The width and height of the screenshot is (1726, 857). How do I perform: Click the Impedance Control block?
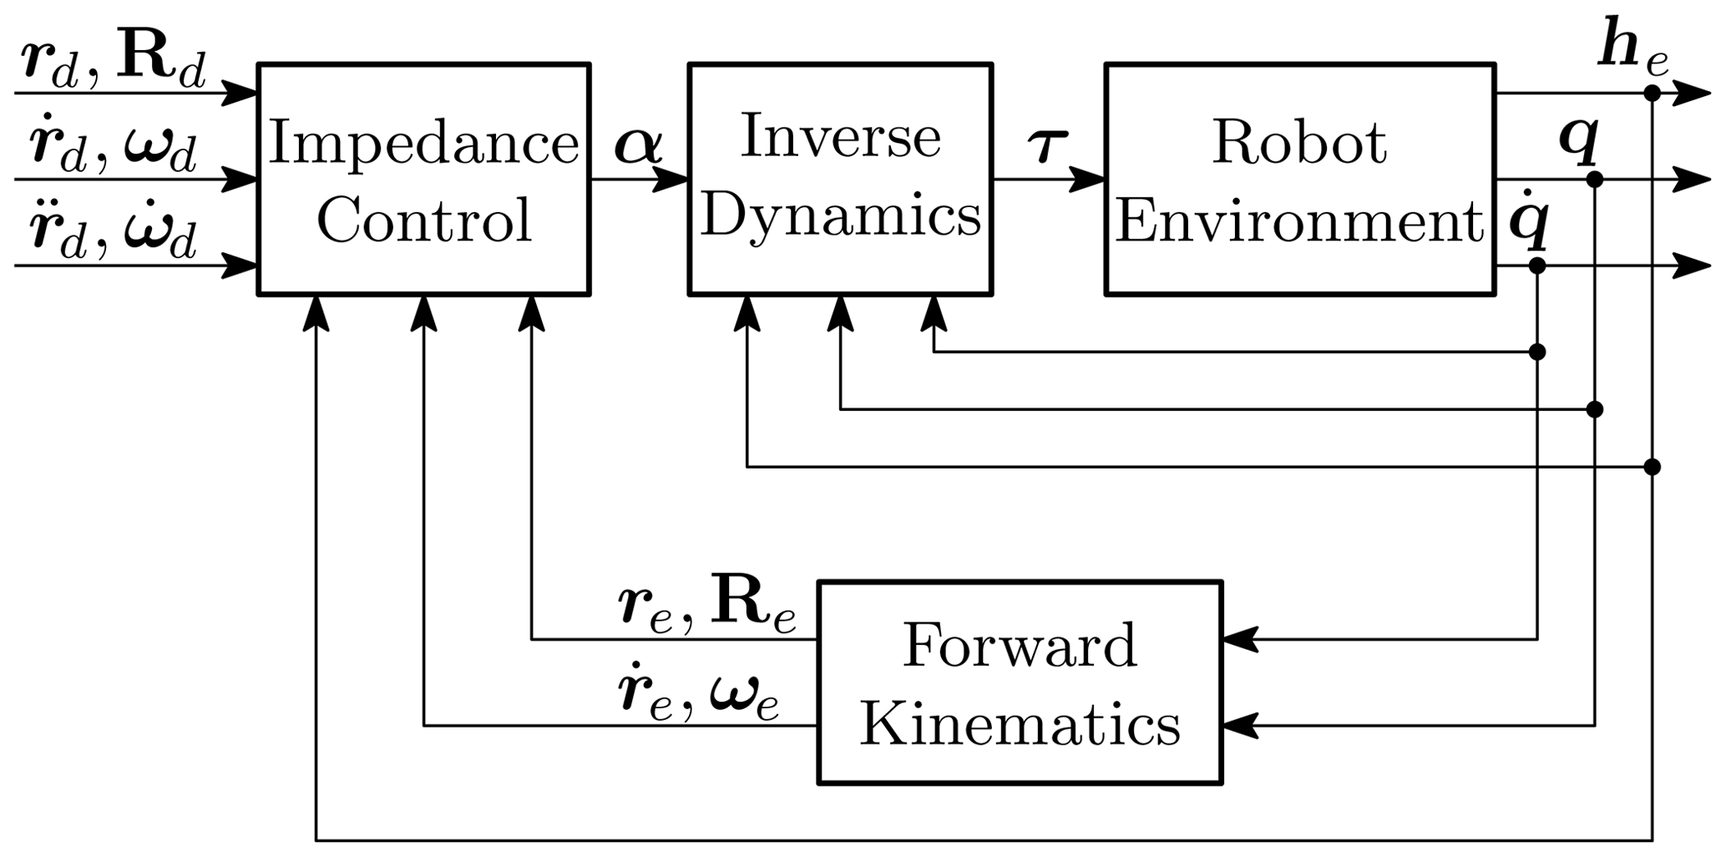[423, 179]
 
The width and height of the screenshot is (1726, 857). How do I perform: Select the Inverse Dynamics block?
[840, 179]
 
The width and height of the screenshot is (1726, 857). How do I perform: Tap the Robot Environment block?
[1299, 179]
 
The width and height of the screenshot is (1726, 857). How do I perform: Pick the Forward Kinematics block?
[1020, 682]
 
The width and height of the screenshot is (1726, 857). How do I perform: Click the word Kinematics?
[1020, 723]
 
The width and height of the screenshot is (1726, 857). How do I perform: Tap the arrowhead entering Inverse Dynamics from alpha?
[671, 179]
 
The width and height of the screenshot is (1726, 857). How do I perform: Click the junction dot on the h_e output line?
[1651, 93]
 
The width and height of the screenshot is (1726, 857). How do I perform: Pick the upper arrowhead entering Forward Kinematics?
[1240, 639]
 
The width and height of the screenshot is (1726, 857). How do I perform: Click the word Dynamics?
[840, 216]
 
